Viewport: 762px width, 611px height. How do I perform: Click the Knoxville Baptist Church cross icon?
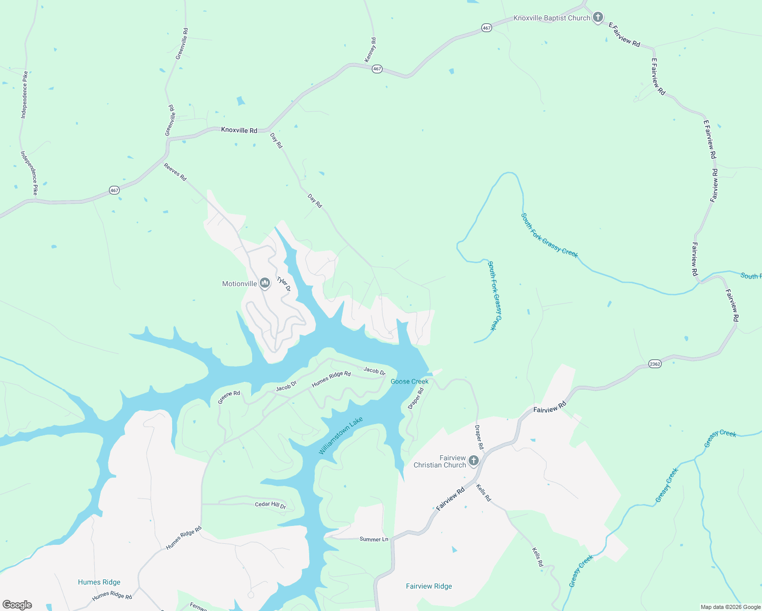(598, 18)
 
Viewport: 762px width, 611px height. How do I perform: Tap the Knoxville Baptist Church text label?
(552, 18)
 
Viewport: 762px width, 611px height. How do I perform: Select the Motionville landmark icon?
(264, 283)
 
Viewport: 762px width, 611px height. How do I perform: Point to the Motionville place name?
(239, 284)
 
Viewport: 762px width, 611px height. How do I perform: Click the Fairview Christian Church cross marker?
(474, 461)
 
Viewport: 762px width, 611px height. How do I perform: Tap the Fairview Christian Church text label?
(440, 461)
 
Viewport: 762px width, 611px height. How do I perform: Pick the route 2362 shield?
(655, 364)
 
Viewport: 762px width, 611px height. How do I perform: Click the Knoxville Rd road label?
(239, 130)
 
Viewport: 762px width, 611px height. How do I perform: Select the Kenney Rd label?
(371, 50)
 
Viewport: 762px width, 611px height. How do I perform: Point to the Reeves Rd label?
(175, 172)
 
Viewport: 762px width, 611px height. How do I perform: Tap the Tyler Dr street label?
(284, 284)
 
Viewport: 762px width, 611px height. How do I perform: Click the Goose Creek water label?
(410, 381)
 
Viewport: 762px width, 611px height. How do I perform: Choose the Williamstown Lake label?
(341, 436)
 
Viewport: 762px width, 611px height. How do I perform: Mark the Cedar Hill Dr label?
(270, 505)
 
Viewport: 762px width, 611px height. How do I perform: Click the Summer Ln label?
(374, 539)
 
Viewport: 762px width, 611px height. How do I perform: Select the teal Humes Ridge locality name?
(99, 582)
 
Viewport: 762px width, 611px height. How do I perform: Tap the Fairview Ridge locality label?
(429, 586)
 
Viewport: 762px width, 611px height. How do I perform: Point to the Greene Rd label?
(229, 397)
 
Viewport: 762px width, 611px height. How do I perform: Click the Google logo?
(17, 605)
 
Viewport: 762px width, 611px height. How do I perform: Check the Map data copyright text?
(730, 607)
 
